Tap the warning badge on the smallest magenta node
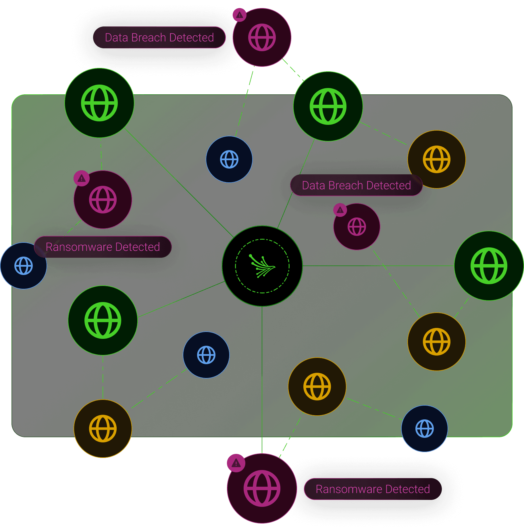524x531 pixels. [340, 210]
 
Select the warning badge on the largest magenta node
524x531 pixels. [236, 463]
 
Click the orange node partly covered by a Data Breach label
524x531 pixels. [437, 159]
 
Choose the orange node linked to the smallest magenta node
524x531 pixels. [437, 342]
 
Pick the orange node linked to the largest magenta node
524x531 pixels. [317, 387]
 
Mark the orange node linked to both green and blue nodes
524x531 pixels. [103, 429]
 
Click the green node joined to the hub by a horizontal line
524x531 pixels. [489, 266]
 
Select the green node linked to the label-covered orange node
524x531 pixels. [328, 106]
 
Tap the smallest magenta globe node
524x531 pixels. [357, 227]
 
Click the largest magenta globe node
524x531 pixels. [262, 488]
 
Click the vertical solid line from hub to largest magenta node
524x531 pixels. [262, 380]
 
